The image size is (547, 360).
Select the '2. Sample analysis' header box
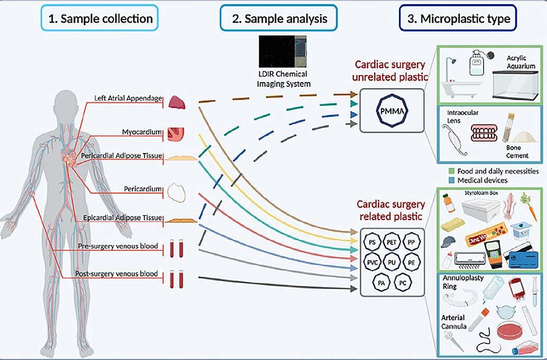(278, 19)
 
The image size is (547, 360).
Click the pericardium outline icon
(177, 191)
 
